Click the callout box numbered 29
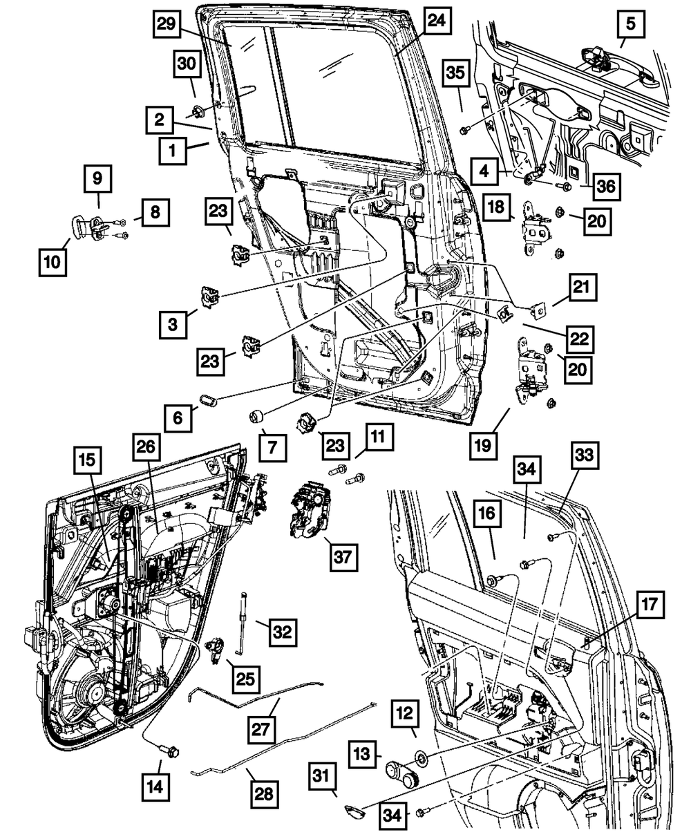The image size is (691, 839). [167, 24]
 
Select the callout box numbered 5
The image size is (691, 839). [631, 24]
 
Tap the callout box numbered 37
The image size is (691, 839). [343, 557]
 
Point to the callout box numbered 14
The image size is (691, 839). [155, 786]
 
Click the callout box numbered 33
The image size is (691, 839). [585, 455]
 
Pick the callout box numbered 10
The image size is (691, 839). [53, 263]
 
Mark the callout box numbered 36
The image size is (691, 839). [607, 187]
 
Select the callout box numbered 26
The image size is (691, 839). [146, 447]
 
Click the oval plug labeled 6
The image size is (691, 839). [208, 401]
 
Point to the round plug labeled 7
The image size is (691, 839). [256, 416]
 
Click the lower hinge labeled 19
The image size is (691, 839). [530, 370]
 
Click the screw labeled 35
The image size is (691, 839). [465, 130]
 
